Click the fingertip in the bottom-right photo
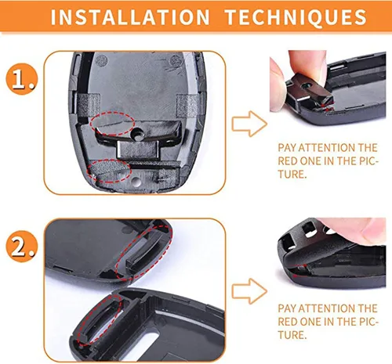pyautogui.click(x=345, y=233)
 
